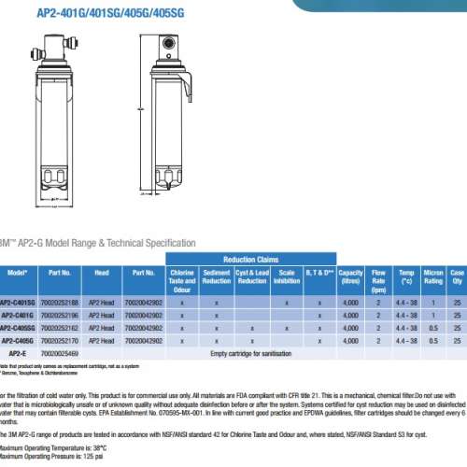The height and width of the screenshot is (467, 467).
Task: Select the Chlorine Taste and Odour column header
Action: [182, 277]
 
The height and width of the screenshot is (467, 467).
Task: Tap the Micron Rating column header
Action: [433, 277]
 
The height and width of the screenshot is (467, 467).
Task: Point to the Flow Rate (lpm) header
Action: [379, 277]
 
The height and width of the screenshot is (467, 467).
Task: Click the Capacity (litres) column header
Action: [350, 277]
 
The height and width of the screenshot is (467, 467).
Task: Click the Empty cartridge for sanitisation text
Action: [252, 353]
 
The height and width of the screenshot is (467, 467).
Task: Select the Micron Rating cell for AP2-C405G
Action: [433, 341]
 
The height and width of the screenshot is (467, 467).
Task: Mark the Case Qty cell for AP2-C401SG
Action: [457, 304]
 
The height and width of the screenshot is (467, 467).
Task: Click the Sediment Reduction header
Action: [217, 277]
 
